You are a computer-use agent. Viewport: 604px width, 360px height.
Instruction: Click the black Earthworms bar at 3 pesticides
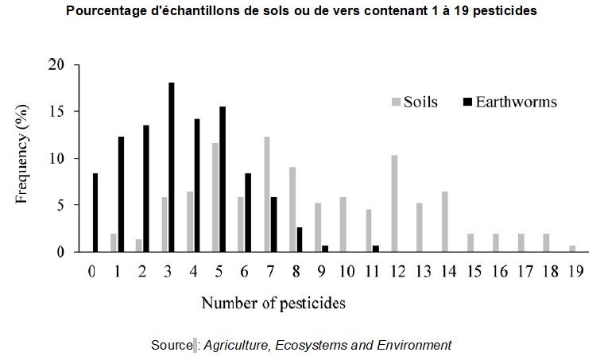pos(172,168)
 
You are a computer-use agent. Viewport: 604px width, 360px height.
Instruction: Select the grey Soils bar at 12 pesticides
pos(394,203)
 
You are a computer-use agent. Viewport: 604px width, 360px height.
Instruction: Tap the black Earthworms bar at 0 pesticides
pos(95,212)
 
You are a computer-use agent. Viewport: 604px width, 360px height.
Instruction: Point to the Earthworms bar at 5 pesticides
pos(223,180)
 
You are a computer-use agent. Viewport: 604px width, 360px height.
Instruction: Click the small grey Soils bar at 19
pos(572,249)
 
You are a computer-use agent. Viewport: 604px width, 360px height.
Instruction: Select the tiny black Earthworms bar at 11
pos(376,249)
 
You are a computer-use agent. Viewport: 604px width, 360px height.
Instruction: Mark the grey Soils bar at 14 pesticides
pos(445,222)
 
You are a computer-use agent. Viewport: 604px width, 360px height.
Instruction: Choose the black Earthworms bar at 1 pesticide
pos(121,195)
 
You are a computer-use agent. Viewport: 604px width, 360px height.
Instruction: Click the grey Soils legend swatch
pos(396,102)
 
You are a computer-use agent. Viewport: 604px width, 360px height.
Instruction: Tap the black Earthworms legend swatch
pos(467,102)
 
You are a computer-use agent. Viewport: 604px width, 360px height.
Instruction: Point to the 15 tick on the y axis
pos(76,112)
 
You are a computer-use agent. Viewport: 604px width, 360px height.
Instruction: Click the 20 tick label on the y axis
pos(56,64)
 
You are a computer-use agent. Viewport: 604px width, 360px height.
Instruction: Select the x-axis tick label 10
pos(347,272)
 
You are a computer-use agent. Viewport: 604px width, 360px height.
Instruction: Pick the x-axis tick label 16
pos(500,272)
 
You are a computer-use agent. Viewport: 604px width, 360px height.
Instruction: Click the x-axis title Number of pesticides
pos(273,304)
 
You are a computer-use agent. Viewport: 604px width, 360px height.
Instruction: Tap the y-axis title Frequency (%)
pos(22,154)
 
